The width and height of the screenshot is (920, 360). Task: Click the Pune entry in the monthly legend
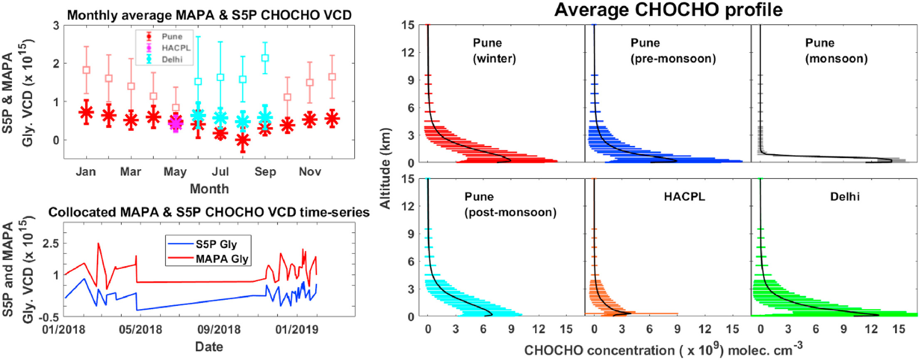171,37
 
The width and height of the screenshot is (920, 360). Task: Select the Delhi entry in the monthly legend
172,59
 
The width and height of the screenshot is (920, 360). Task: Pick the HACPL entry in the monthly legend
176,48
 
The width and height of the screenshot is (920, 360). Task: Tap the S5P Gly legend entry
216,244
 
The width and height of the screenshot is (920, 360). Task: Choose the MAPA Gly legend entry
222,259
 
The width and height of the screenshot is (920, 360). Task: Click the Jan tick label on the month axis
86,172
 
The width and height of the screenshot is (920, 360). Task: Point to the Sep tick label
265,172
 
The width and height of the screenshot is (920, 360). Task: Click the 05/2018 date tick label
141,330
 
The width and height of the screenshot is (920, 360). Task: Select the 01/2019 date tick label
297,330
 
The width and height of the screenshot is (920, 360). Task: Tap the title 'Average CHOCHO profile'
668,10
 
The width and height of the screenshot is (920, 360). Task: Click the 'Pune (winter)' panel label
494,50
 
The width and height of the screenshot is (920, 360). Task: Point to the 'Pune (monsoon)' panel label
836,50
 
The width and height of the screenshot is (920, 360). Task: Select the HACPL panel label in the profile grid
684,196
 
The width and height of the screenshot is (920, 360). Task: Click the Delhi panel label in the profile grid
845,196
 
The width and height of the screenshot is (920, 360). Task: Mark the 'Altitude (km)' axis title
386,168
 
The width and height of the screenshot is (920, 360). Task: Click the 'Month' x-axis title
209,189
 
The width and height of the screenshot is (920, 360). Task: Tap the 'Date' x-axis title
209,347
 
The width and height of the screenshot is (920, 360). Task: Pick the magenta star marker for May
176,123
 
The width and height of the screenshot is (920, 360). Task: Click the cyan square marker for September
265,58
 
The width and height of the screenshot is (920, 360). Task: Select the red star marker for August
243,140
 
